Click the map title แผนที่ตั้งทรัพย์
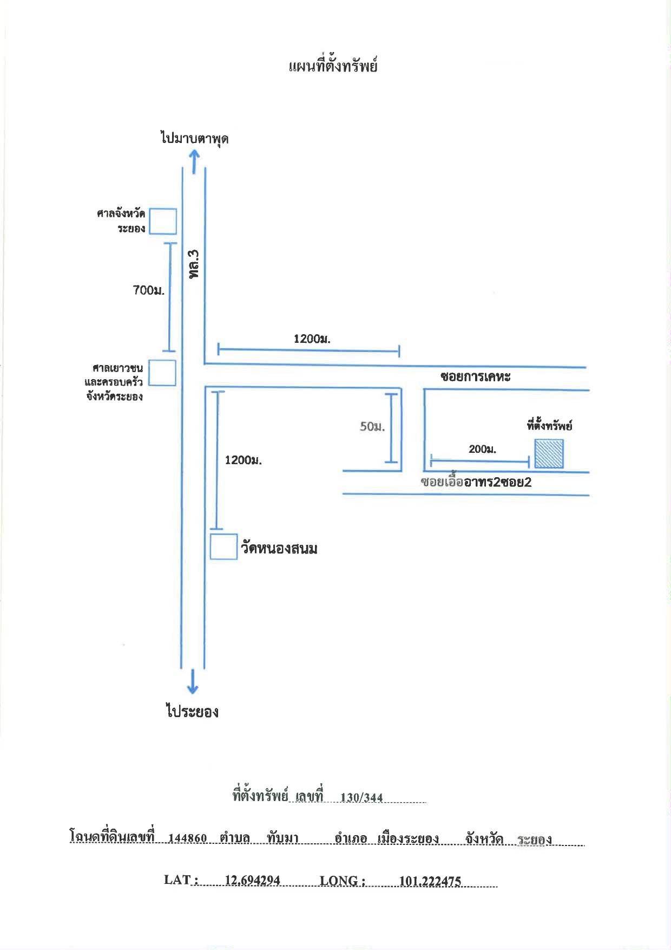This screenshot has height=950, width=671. pyautogui.click(x=333, y=66)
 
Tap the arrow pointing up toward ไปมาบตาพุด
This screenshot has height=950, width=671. pyautogui.click(x=194, y=161)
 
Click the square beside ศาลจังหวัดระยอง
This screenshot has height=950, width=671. pyautogui.click(x=163, y=221)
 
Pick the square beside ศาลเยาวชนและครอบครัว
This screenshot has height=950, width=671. pyautogui.click(x=162, y=373)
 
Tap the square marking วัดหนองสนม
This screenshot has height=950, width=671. pyautogui.click(x=223, y=546)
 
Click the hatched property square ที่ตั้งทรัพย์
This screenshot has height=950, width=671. pyautogui.click(x=549, y=454)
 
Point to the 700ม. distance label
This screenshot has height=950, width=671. pyautogui.click(x=149, y=290)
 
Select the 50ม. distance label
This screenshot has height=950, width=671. pyautogui.click(x=372, y=427)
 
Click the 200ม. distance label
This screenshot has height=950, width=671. pyautogui.click(x=482, y=449)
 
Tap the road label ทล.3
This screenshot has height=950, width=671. pyautogui.click(x=194, y=264)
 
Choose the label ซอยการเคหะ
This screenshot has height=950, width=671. pyautogui.click(x=475, y=377)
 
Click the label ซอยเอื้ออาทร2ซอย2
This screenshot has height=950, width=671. pyautogui.click(x=476, y=481)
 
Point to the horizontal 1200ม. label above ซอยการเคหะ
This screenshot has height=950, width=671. pyautogui.click(x=312, y=339)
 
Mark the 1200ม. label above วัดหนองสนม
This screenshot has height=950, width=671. pyautogui.click(x=243, y=460)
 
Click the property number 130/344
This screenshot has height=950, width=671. pyautogui.click(x=361, y=797)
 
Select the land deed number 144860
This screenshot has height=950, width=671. pyautogui.click(x=187, y=838)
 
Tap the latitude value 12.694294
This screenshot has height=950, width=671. pyautogui.click(x=252, y=880)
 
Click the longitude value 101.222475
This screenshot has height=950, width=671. pyautogui.click(x=430, y=881)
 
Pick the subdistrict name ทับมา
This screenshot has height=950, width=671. pyautogui.click(x=282, y=838)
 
